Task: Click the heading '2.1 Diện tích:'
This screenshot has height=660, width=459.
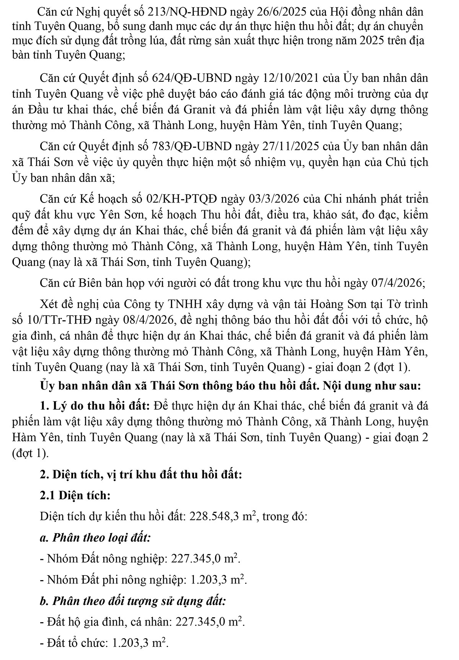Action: tap(75, 496)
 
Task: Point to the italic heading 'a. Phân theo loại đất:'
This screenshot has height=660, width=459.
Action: tap(95, 538)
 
